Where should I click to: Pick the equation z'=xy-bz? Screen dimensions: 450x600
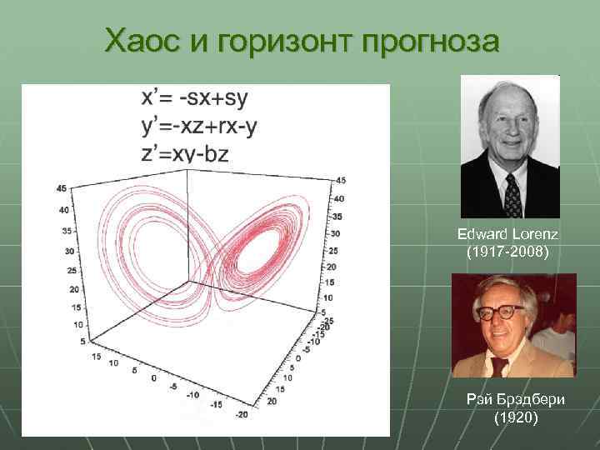tap(184, 152)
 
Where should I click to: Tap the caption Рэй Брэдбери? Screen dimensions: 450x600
tap(516, 400)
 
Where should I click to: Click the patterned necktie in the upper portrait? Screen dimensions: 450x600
tap(512, 197)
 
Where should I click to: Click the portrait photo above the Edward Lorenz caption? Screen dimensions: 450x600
tap(509, 147)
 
